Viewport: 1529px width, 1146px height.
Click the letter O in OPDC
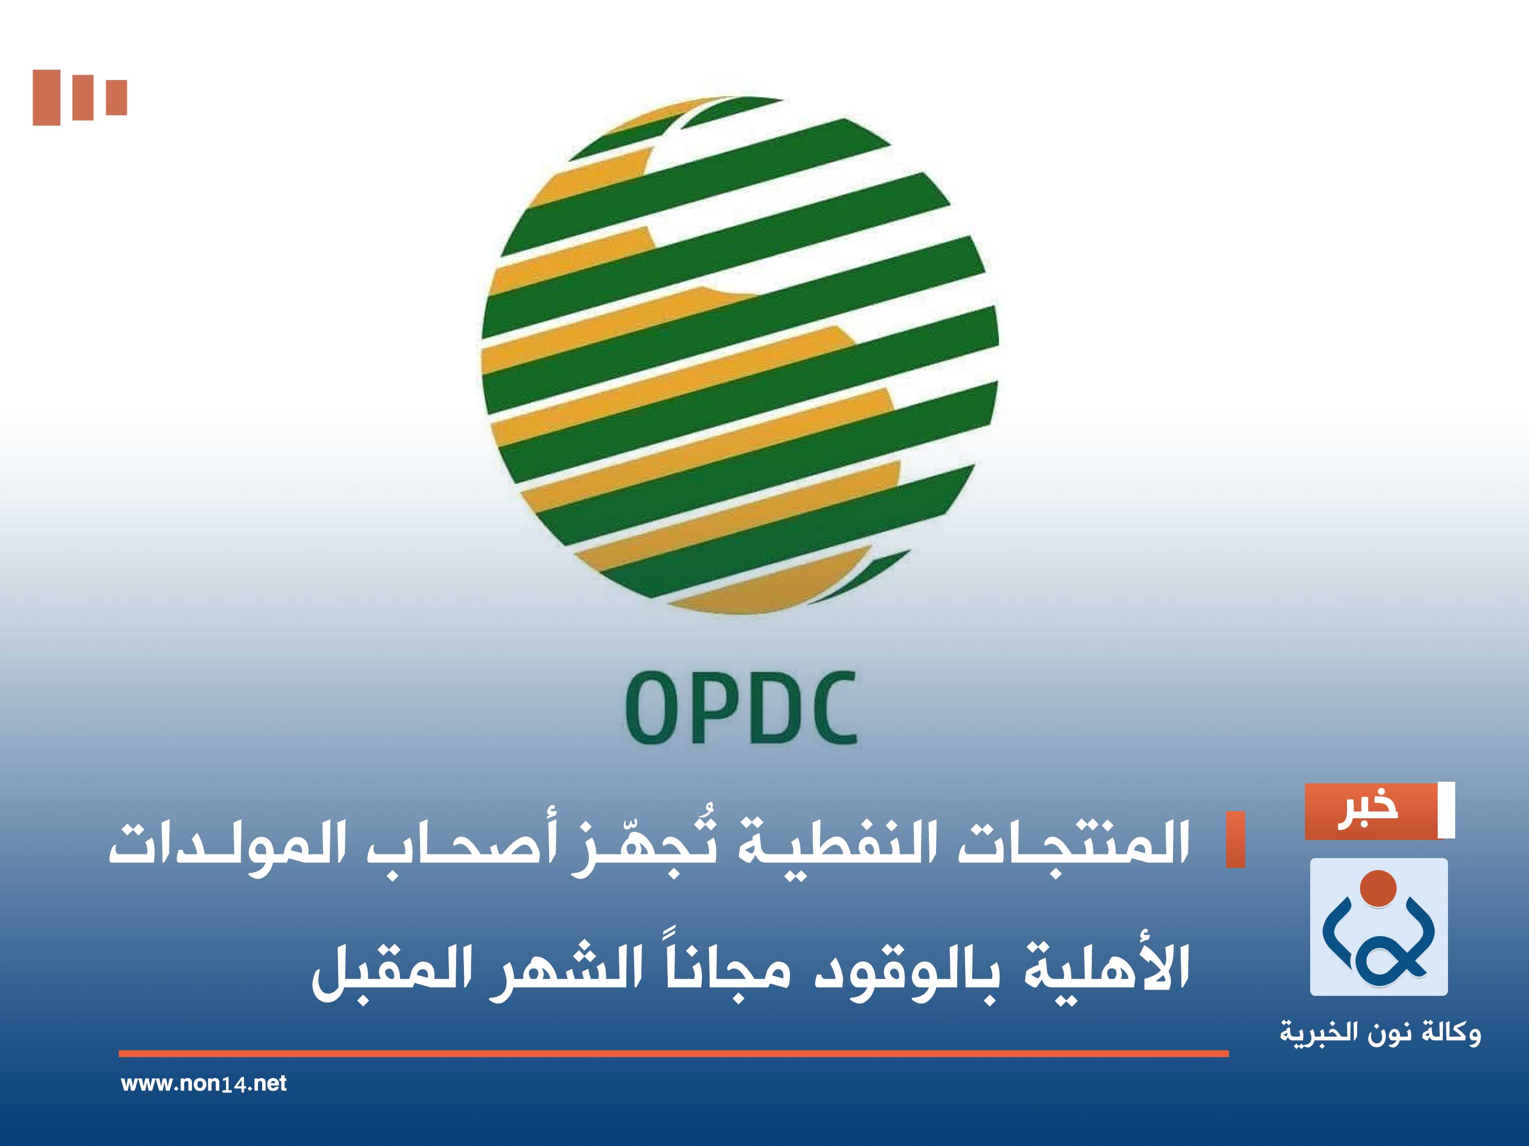[650, 708]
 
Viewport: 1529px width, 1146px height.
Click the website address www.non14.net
[203, 1084]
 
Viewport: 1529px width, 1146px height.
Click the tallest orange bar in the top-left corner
[46, 98]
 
